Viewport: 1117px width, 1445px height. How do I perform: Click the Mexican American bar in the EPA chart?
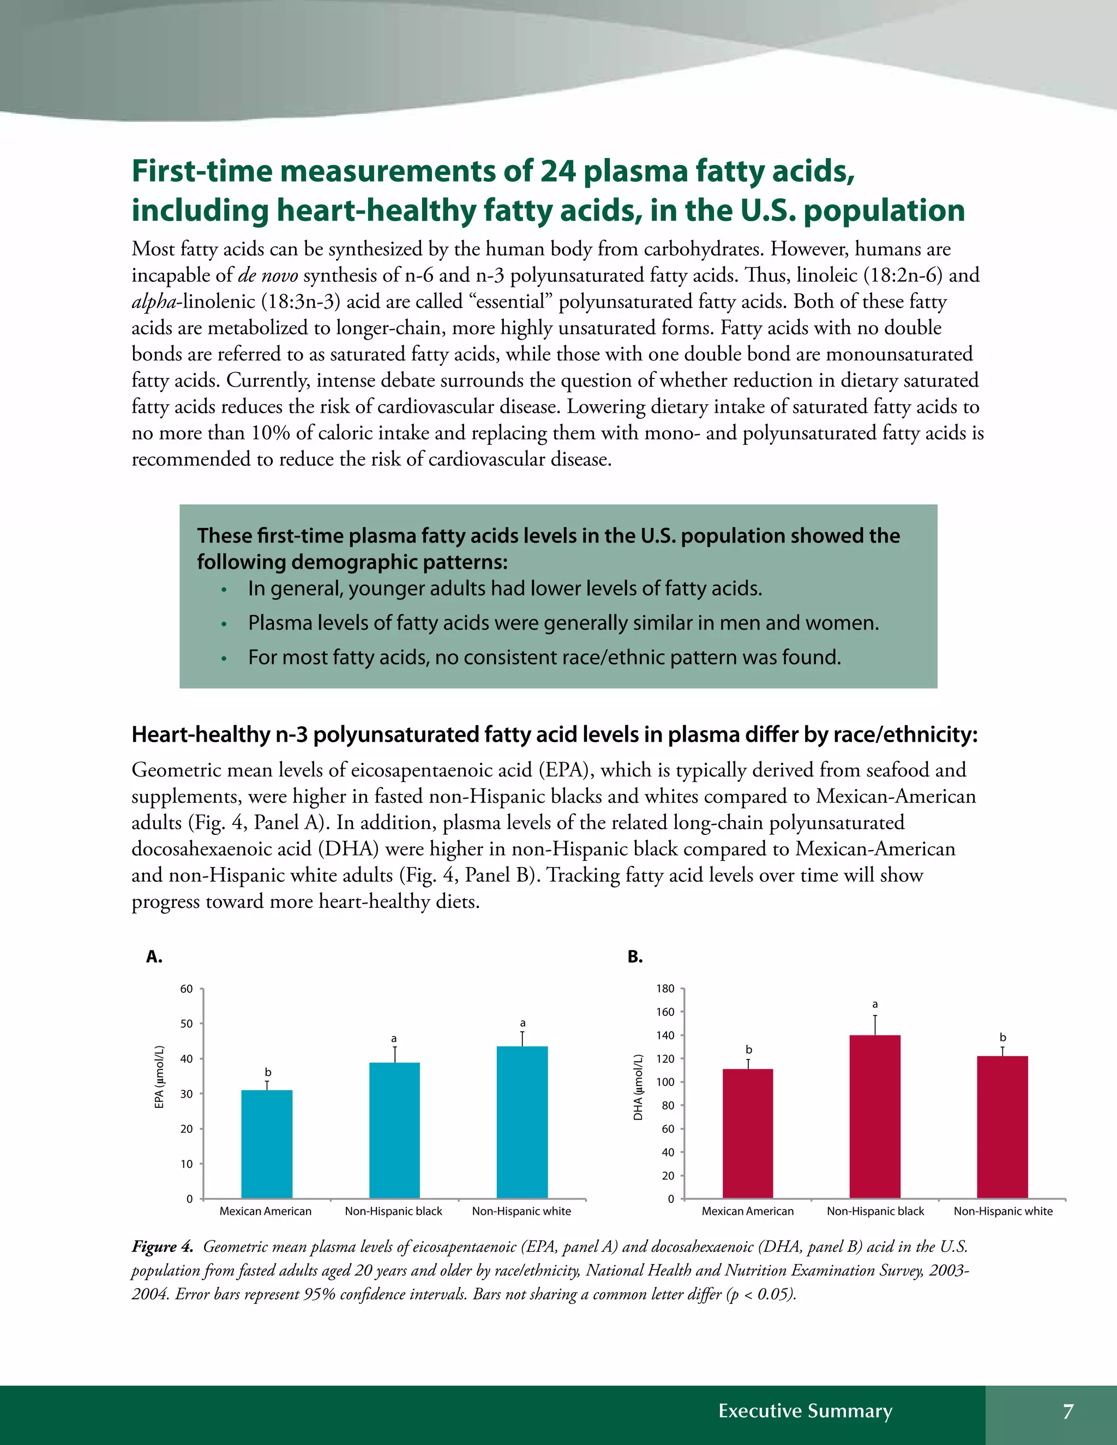267,1144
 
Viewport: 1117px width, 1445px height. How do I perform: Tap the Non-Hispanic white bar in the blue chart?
522,1122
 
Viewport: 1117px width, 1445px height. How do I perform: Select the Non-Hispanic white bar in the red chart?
1002,1128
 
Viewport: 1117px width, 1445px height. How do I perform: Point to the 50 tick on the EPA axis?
187,1024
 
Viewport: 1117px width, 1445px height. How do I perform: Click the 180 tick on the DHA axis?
666,989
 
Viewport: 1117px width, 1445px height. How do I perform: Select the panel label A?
154,957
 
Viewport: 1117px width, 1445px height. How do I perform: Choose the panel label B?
635,957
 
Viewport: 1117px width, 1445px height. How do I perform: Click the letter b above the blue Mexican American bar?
268,1072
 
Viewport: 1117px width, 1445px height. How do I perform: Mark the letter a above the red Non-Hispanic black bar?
875,1004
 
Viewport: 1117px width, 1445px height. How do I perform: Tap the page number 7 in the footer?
1068,1411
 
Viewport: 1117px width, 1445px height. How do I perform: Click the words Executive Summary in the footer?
806,1411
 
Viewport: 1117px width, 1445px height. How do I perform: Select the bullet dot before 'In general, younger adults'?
224,589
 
